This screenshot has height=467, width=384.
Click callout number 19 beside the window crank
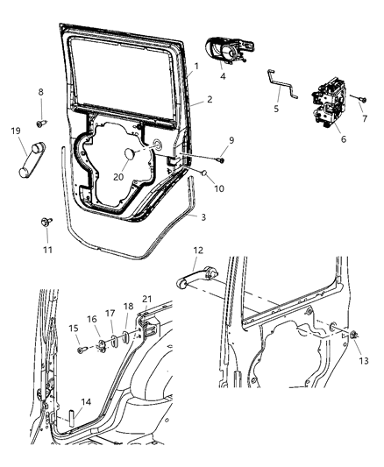click(x=17, y=131)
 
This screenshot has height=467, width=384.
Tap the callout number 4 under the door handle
click(x=223, y=77)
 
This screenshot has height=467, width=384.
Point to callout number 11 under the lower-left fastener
click(x=47, y=249)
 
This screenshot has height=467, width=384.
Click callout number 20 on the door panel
click(x=118, y=177)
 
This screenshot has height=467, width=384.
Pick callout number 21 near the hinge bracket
click(x=146, y=299)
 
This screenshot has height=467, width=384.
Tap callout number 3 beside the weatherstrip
click(x=203, y=216)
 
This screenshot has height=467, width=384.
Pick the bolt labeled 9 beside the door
click(x=222, y=160)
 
